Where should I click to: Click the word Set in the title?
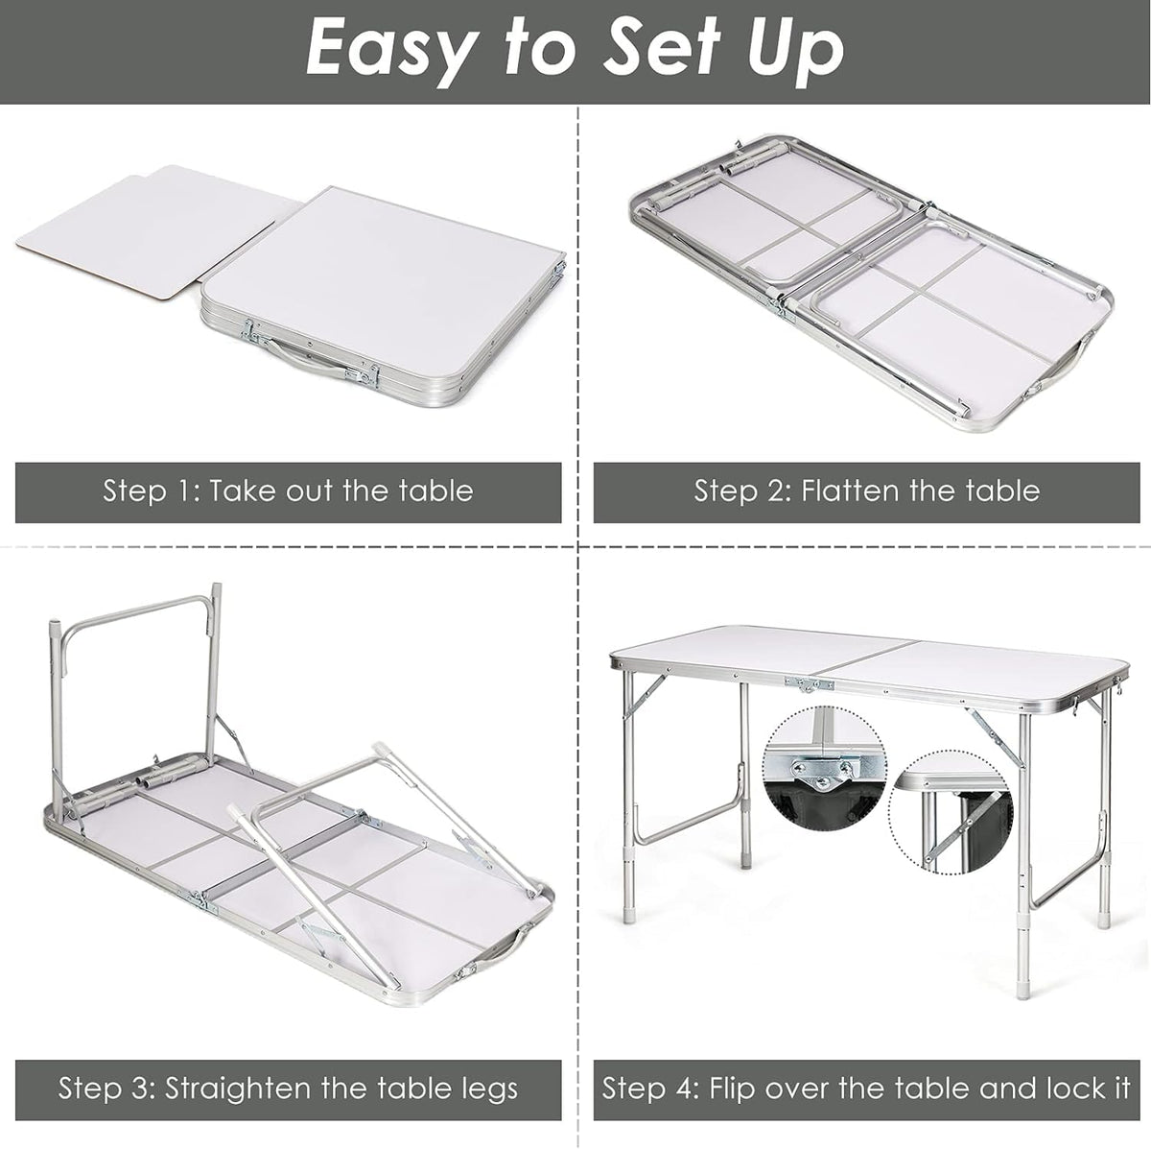(658, 54)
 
